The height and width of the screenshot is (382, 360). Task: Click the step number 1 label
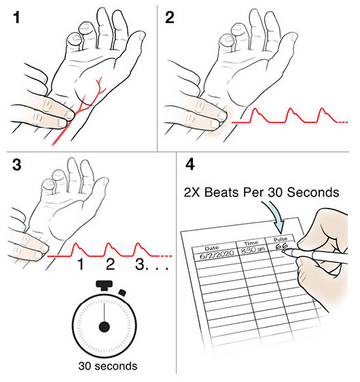16,18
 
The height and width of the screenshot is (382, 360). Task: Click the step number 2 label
170,18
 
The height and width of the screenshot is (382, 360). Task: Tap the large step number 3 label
16,164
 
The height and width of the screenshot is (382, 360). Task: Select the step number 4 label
190,164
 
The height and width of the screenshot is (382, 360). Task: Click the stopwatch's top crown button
104,285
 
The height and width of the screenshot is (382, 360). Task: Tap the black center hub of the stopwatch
104,327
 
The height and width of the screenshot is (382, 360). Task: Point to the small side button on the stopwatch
122,292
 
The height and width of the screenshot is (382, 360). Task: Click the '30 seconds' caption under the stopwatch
108,366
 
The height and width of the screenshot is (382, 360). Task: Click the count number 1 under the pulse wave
80,264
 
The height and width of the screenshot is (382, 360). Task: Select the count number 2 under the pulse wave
110,264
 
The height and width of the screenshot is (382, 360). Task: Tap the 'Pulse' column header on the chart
281,239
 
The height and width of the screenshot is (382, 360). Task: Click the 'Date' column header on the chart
211,248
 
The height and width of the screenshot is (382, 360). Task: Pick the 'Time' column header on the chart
251,243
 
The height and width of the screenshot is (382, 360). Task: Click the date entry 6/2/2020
217,254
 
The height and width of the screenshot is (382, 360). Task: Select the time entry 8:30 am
253,250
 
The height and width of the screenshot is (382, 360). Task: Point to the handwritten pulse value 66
281,246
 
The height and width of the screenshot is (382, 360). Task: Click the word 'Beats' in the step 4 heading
222,192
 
